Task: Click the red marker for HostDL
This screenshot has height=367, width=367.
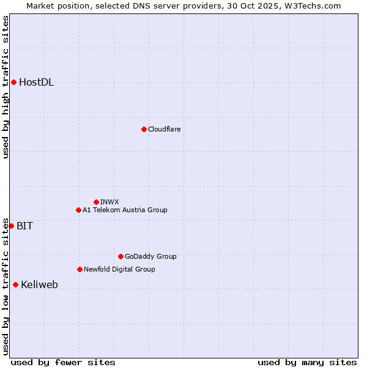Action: click(x=13, y=83)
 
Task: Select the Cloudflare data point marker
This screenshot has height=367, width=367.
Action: click(x=144, y=129)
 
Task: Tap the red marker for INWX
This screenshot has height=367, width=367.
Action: click(x=96, y=202)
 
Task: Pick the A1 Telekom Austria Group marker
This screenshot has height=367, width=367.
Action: click(x=78, y=210)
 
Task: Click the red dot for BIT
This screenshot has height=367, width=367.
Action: click(x=11, y=226)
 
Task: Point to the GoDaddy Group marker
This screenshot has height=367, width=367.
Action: click(x=120, y=256)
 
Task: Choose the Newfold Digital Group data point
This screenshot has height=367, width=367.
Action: click(x=80, y=269)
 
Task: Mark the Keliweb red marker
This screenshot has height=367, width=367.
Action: click(x=15, y=284)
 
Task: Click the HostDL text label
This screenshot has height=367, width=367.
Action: click(x=36, y=83)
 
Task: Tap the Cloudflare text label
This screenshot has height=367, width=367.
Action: click(x=164, y=129)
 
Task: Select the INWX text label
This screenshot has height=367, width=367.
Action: click(x=109, y=202)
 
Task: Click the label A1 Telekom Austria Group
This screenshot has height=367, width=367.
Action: click(x=125, y=210)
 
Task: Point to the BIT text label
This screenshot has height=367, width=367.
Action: click(x=24, y=226)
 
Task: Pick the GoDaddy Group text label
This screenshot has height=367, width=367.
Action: click(x=150, y=256)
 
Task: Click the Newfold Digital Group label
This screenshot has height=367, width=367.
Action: click(x=119, y=269)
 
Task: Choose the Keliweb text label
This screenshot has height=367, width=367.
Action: click(x=39, y=284)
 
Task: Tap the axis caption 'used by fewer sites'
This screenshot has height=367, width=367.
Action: click(x=63, y=362)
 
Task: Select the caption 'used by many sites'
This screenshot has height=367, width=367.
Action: click(x=307, y=362)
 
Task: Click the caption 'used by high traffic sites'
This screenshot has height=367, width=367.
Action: click(x=6, y=87)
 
